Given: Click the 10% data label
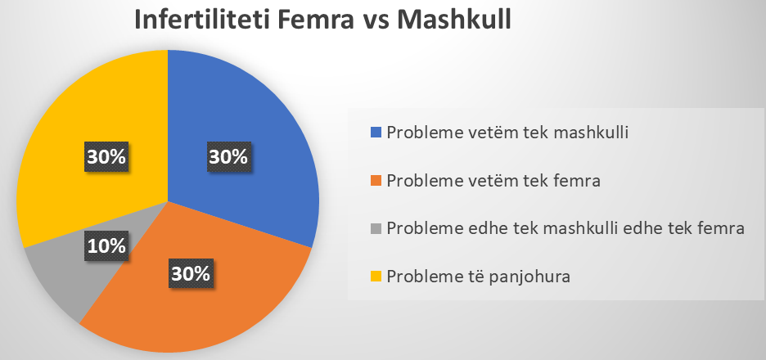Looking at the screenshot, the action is point(106,245).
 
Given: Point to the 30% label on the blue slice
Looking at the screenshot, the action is point(228,157).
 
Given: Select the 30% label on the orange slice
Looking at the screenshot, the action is point(191,273).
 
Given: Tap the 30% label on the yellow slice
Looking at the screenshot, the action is point(106,157).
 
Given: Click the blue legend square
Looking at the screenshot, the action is point(375,133).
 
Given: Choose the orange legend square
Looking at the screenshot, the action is point(375,181).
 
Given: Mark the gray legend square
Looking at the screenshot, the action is point(375,228).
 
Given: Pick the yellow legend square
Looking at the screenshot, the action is point(375,277).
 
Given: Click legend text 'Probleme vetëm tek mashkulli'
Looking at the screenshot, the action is point(507,133).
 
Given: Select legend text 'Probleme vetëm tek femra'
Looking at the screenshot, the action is point(493,181).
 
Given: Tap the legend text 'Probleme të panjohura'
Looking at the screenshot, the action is point(478,277).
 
